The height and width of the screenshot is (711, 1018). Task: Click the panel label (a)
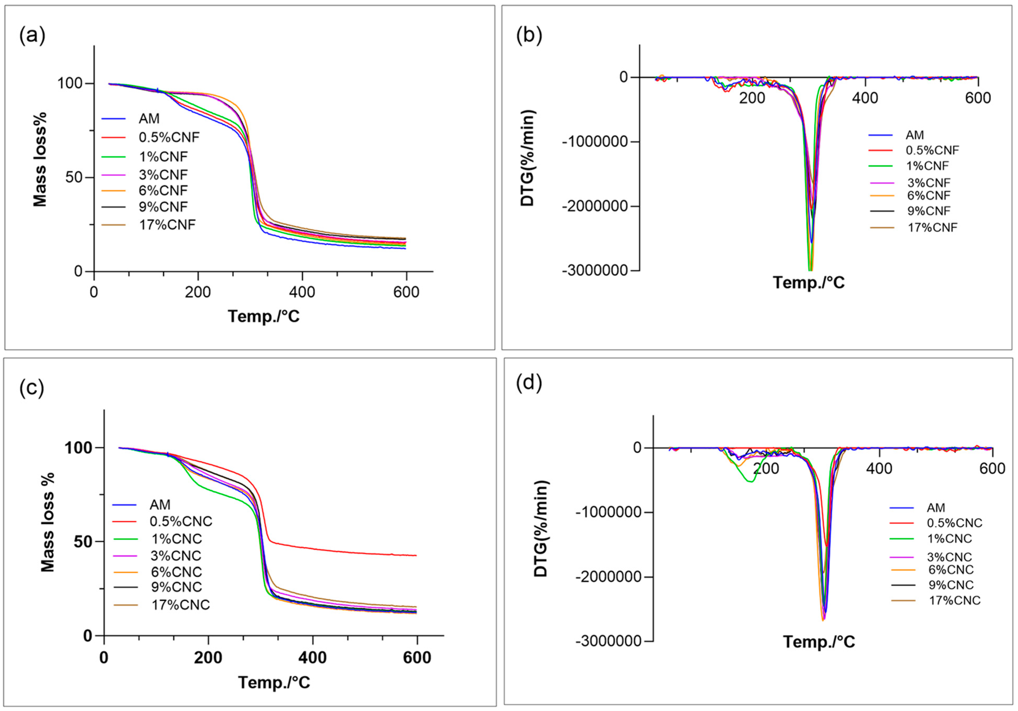pyautogui.click(x=32, y=35)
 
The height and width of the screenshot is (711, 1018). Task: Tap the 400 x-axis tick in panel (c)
pyautogui.click(x=313, y=657)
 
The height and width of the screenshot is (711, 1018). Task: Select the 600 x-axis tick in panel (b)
pyautogui.click(x=978, y=98)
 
